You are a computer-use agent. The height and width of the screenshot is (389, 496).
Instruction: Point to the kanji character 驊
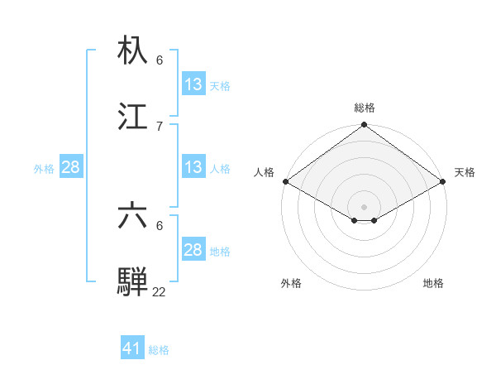click(x=133, y=281)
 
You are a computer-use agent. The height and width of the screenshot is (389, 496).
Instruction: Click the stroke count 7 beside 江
click(x=160, y=126)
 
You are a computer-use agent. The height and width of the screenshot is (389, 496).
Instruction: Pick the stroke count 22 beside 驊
click(x=159, y=291)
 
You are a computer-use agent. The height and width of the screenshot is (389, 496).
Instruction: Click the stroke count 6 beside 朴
click(x=160, y=60)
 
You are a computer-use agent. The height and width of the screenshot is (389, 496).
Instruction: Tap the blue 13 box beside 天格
click(x=193, y=84)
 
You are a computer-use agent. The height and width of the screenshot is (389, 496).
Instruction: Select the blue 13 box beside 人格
click(x=193, y=167)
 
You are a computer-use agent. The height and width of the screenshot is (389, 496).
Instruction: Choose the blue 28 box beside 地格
click(x=193, y=250)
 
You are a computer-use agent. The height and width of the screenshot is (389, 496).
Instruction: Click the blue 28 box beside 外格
click(x=71, y=167)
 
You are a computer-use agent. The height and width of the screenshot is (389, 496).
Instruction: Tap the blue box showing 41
click(x=132, y=348)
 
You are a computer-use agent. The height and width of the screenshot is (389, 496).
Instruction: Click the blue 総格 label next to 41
click(x=159, y=350)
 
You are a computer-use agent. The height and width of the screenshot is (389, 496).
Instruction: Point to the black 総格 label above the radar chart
click(x=365, y=108)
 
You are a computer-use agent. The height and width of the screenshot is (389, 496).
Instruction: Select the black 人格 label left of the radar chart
click(x=264, y=172)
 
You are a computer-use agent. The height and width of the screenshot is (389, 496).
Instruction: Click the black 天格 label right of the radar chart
click(x=465, y=172)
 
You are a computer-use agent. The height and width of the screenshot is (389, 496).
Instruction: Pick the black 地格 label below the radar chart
click(x=433, y=283)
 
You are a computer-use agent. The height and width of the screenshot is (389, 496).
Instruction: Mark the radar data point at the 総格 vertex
click(x=365, y=126)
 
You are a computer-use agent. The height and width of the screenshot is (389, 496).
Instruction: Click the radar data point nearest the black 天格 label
click(x=444, y=181)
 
